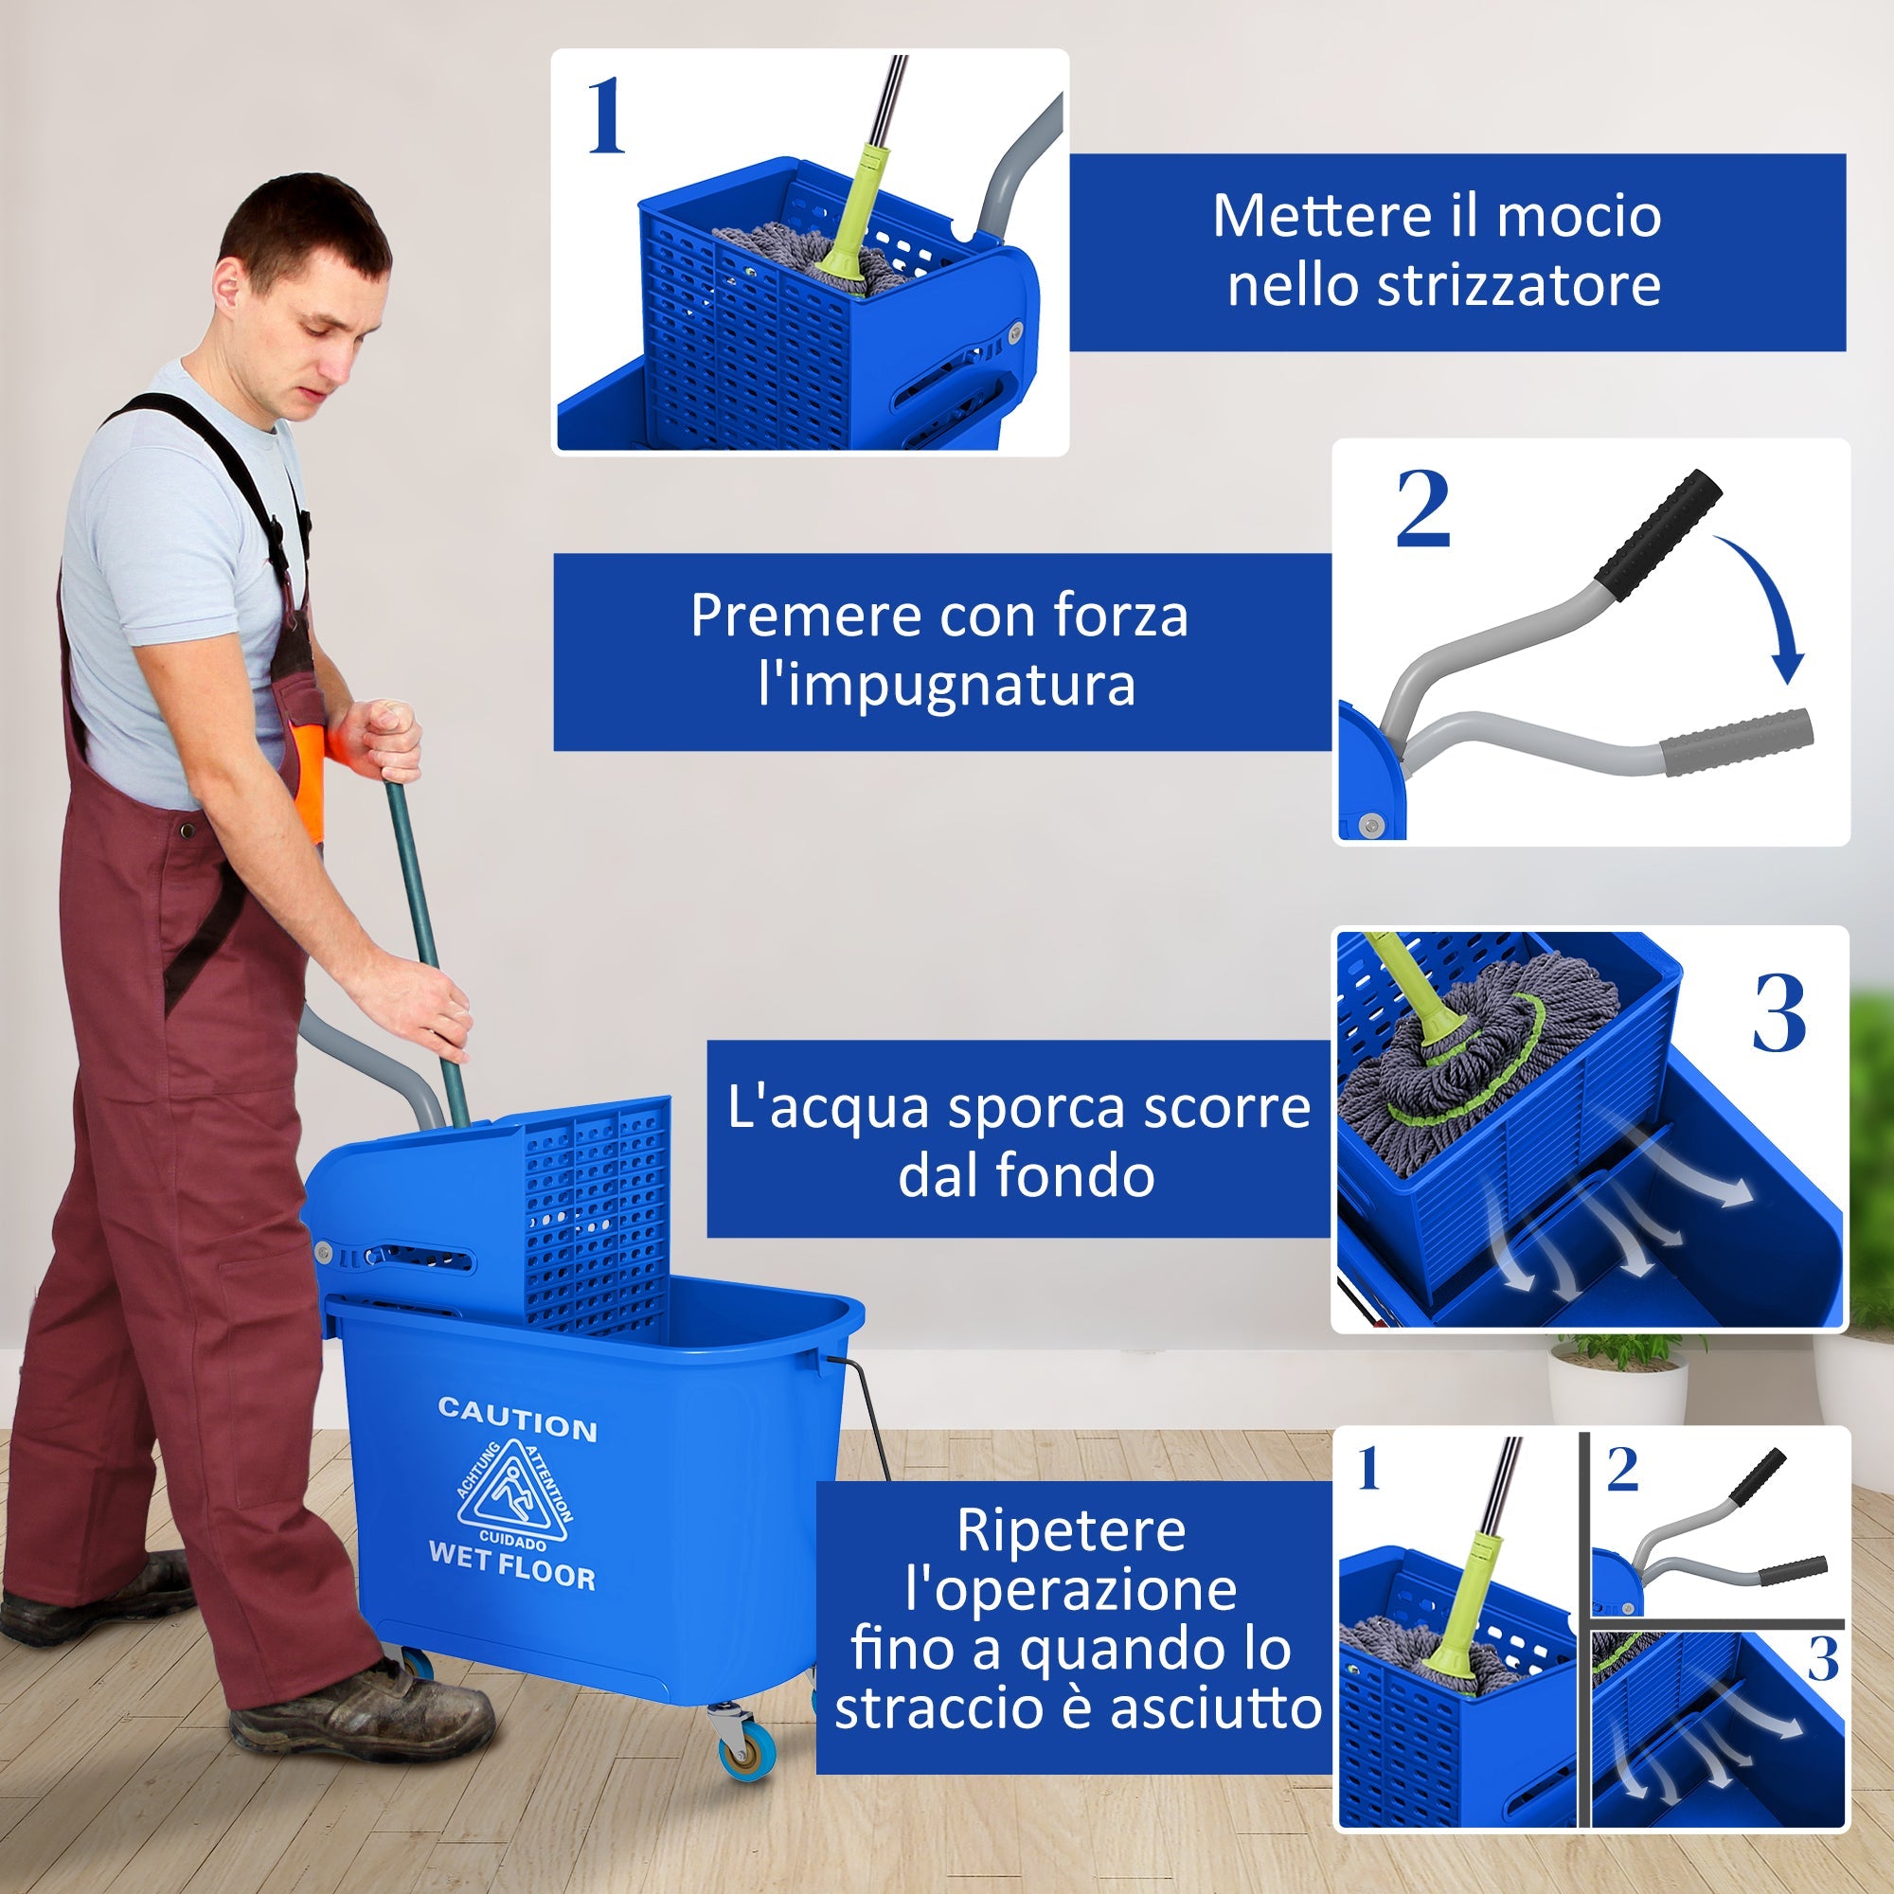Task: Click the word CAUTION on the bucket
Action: [x=518, y=1420]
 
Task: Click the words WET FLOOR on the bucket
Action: [x=511, y=1566]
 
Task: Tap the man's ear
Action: [x=227, y=285]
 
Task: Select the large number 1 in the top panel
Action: [x=605, y=117]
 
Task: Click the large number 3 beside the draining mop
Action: [x=1778, y=1014]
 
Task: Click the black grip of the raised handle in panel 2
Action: [x=1656, y=527]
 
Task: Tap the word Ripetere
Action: [x=1070, y=1530]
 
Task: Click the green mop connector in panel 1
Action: [x=843, y=259]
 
